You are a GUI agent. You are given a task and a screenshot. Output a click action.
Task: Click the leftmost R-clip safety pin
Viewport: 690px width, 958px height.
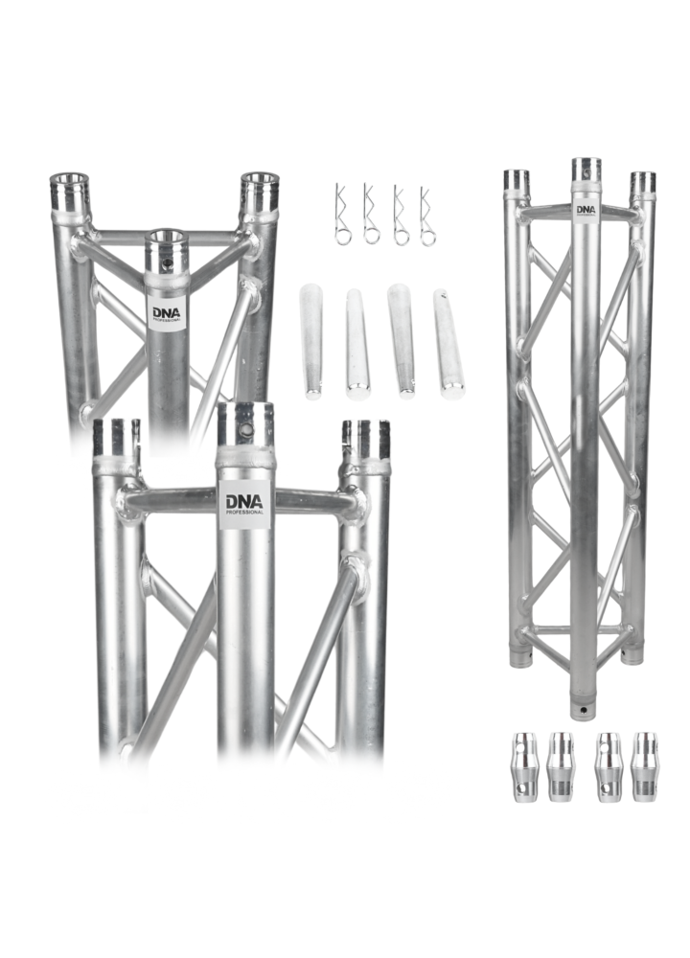[342, 215]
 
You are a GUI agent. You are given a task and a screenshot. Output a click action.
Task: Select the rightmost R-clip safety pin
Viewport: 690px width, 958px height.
[426, 215]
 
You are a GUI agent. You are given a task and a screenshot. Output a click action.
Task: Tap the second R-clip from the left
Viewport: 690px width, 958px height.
[370, 215]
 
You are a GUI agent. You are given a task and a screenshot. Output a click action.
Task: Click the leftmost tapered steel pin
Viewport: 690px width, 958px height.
[310, 340]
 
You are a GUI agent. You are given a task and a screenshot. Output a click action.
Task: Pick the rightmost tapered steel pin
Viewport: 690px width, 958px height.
[448, 342]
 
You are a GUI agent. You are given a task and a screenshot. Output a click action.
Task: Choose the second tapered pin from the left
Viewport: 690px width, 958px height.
[356, 342]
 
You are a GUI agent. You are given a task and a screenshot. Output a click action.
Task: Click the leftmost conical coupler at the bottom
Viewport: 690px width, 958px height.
[524, 766]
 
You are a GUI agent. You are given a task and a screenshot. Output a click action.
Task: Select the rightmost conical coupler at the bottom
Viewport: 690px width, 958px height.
[645, 766]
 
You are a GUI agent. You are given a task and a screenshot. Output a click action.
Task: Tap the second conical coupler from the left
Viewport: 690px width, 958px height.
[560, 766]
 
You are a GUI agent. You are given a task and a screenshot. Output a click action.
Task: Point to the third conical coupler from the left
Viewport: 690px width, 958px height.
[609, 766]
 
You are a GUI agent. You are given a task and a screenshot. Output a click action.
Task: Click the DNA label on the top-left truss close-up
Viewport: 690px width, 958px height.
[166, 313]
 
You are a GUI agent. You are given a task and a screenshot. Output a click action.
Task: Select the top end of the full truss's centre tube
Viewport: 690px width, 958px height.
[586, 169]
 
